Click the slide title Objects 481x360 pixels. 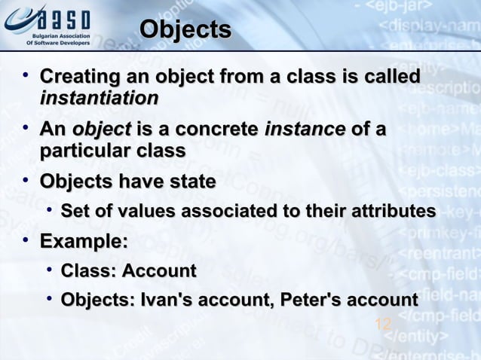(185, 29)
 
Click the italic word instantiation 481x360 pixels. (99, 99)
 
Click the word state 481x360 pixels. (191, 182)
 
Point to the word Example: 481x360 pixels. (83, 242)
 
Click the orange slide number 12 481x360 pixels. (383, 325)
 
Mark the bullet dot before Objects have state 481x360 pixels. (26, 181)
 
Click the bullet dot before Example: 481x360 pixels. (26, 240)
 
